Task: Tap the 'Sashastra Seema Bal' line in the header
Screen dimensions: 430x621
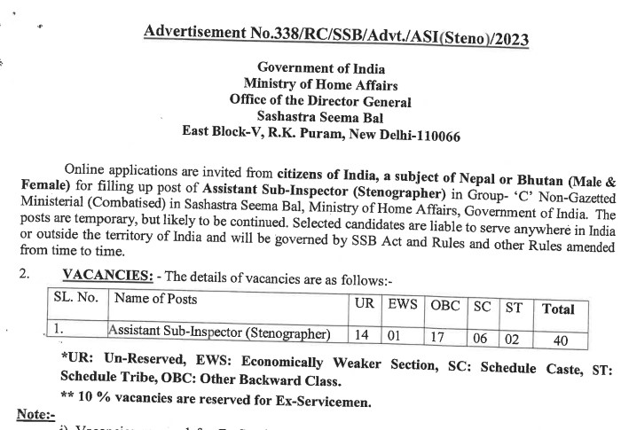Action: pyautogui.click(x=316, y=116)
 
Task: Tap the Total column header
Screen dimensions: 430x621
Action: pyautogui.click(x=558, y=309)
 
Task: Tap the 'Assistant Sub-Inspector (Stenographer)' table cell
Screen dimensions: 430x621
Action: pyautogui.click(x=220, y=332)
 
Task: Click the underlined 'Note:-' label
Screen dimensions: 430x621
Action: pyautogui.click(x=36, y=414)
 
